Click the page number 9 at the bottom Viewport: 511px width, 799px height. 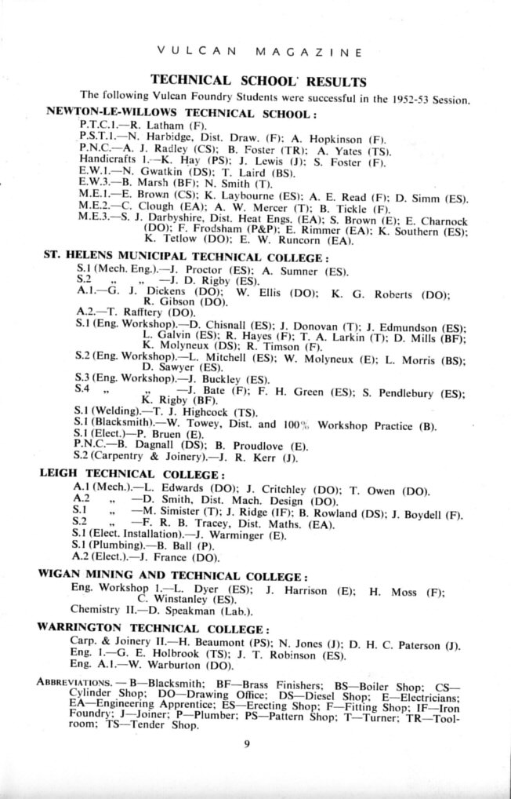[246, 745]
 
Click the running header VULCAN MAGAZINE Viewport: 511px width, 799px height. [259, 53]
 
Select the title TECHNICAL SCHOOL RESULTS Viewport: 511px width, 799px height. [258, 81]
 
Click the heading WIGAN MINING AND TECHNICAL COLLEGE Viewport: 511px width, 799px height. [172, 574]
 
